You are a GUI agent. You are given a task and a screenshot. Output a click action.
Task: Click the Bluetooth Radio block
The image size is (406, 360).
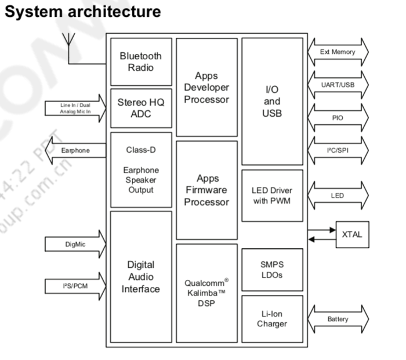141,62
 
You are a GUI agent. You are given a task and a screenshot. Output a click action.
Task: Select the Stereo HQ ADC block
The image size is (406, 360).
141,108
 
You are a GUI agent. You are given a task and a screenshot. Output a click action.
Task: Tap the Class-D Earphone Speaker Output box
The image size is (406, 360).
141,170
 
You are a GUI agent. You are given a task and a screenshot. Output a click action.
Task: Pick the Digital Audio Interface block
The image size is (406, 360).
141,276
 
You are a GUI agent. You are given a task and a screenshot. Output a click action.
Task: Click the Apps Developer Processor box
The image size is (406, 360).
206,88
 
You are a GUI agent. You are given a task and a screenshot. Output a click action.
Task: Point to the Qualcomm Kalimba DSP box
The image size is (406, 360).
206,293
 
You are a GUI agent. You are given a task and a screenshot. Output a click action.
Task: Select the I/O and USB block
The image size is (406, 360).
271,102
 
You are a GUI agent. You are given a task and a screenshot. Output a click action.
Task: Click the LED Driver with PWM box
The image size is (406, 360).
271,195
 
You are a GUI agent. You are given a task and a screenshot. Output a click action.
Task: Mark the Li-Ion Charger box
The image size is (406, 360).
271,319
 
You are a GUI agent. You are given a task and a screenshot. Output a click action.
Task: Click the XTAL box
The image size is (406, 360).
352,234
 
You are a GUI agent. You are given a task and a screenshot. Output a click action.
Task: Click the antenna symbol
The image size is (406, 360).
68,43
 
